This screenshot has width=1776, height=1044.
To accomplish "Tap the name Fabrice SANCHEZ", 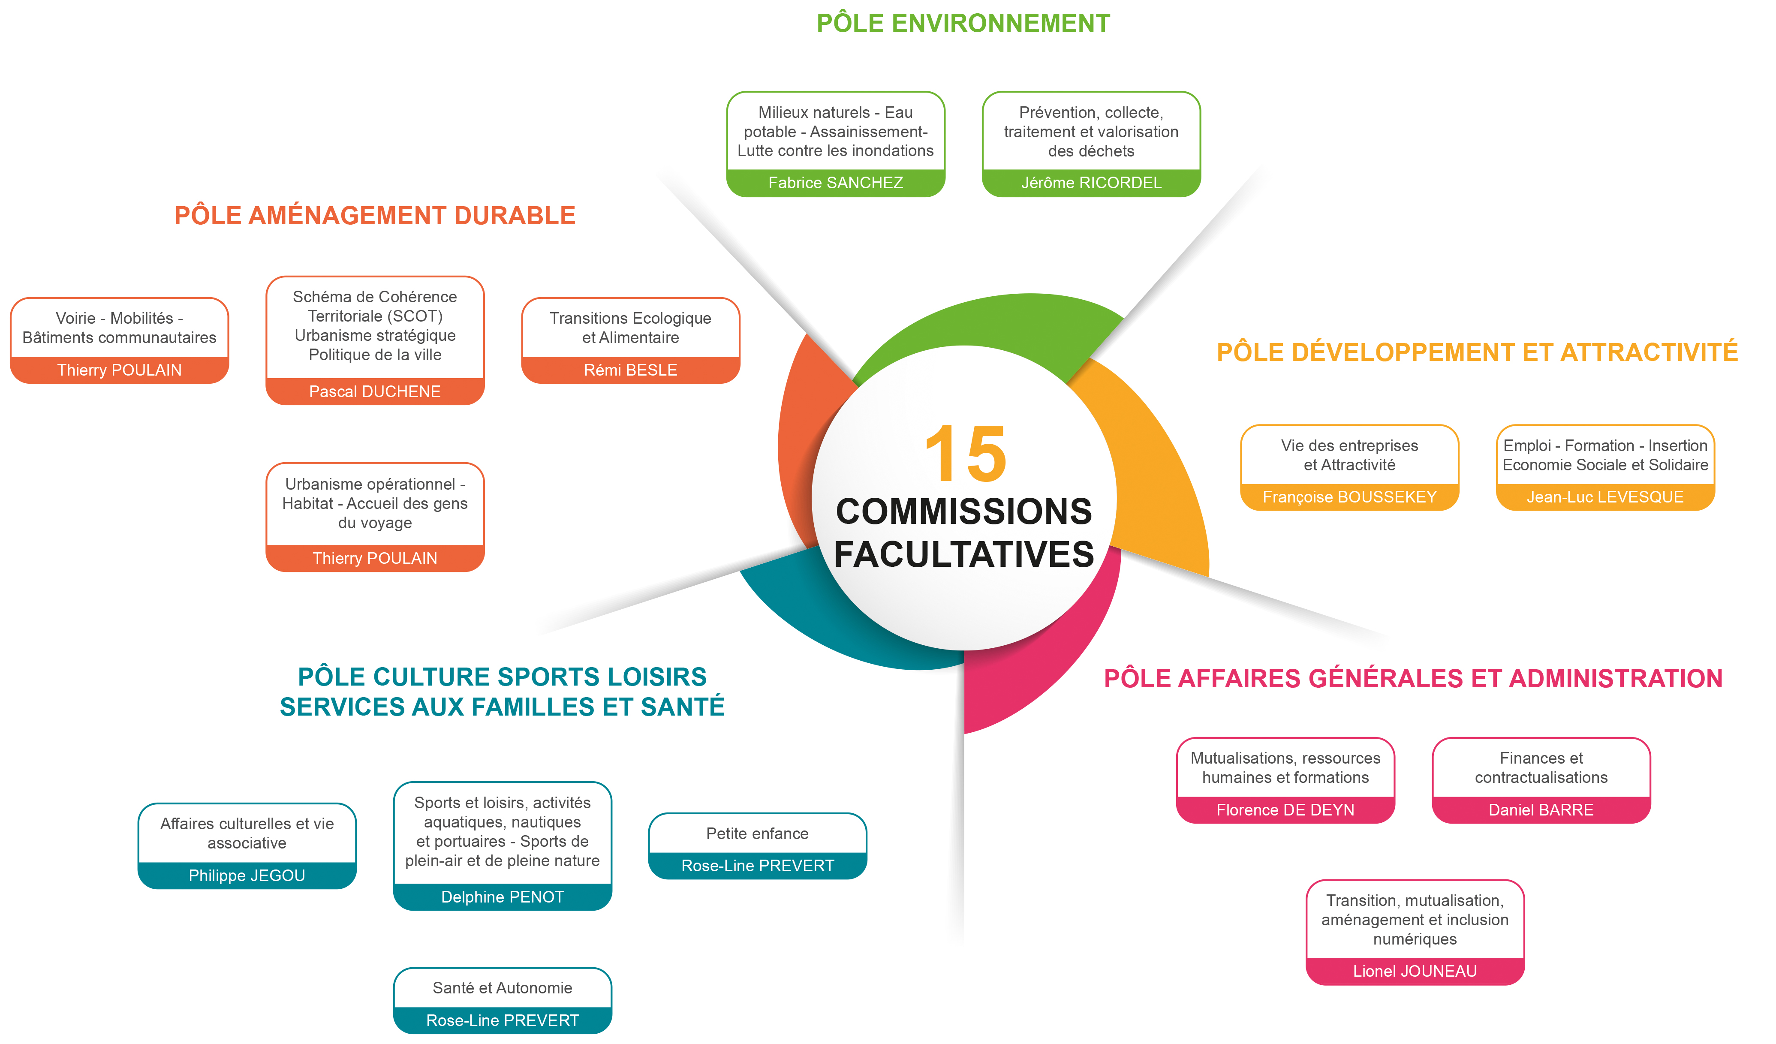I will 835,183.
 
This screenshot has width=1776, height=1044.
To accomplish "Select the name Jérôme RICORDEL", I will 1091,183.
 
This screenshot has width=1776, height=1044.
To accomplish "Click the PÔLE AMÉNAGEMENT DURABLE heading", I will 375,215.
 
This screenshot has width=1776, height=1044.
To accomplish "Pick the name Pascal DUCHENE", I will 375,391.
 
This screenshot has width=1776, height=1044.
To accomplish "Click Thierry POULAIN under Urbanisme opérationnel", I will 375,558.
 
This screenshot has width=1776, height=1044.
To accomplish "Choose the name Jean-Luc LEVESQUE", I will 1605,497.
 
